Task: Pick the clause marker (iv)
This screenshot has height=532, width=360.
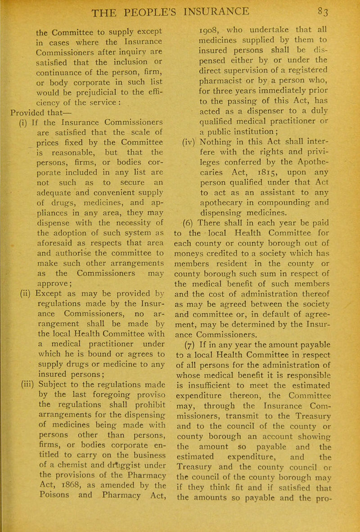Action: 188,168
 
